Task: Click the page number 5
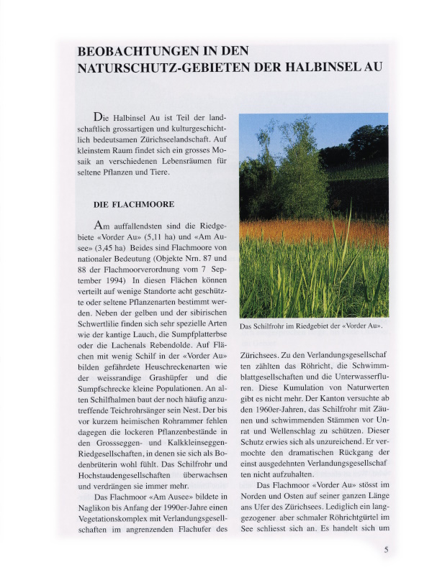387,550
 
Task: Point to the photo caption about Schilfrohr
310,326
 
